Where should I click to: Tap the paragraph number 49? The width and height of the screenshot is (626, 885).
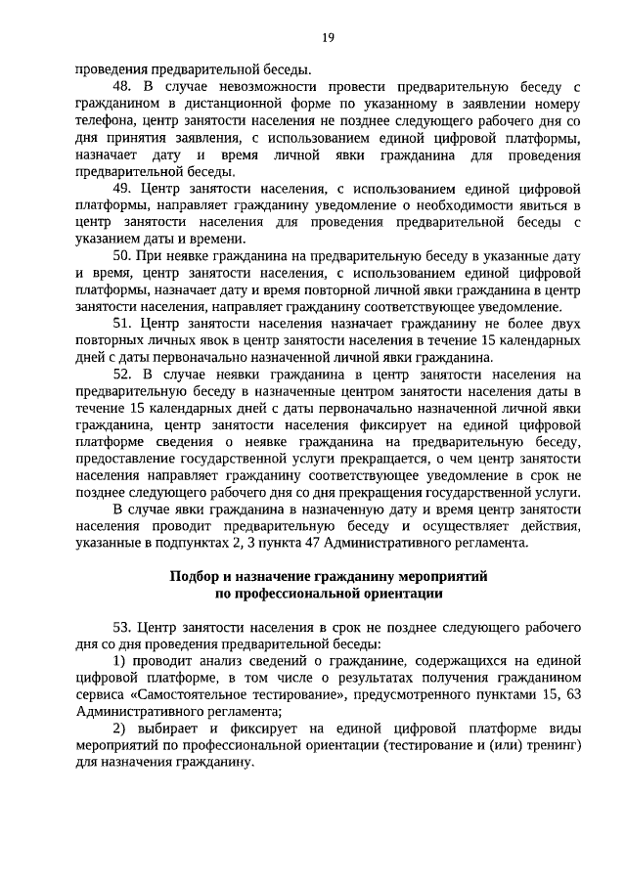click(123, 187)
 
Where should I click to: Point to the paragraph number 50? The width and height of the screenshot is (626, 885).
click(123, 254)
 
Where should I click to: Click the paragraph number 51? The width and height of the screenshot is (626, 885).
click(123, 322)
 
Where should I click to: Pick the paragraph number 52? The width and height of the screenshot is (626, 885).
click(123, 373)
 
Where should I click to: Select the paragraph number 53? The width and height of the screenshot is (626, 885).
click(123, 626)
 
